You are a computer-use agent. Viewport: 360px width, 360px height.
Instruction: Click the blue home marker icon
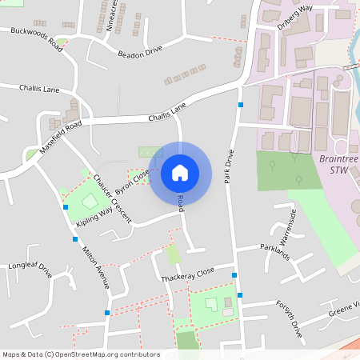180,173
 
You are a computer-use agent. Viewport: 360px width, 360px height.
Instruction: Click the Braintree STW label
339,164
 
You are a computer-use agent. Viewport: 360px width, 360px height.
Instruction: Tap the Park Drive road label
229,164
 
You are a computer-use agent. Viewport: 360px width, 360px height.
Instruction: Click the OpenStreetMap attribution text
80,354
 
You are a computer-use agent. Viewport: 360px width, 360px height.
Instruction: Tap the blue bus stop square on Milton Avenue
75,238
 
